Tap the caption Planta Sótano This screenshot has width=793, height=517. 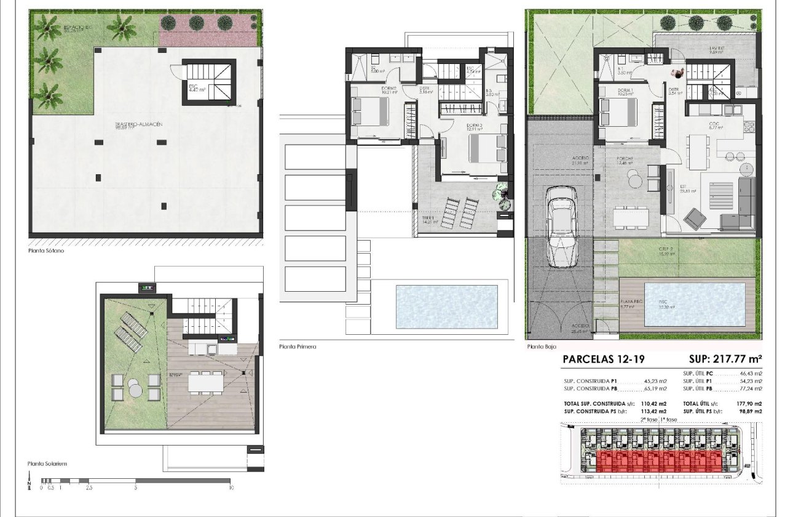(x=46, y=251)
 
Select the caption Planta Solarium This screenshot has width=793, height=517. (x=47, y=463)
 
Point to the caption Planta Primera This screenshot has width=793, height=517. (x=298, y=347)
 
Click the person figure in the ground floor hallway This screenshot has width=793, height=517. (x=677, y=73)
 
